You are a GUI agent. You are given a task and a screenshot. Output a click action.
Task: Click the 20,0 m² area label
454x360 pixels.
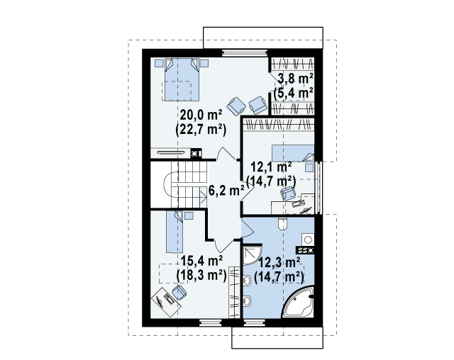pos(201,115)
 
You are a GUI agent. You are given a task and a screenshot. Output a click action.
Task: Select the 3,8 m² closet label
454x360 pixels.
pos(295,79)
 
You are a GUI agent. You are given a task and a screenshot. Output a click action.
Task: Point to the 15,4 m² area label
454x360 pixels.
pos(201,261)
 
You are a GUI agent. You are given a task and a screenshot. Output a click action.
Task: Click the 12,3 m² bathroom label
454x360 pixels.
pos(279,262)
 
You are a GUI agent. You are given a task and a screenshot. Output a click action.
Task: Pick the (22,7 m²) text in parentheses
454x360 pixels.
pos(201,130)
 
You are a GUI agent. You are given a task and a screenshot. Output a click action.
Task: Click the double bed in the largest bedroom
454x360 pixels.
pos(182,79)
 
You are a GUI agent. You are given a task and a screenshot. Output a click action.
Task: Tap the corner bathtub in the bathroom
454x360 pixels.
pos(299,302)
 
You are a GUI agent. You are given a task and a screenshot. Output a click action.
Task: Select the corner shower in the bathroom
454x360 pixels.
pos(253,255)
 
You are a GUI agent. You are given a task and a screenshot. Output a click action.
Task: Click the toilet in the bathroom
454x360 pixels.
pos(282,223)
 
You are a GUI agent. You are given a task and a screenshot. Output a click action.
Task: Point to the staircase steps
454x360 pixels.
pos(189,184)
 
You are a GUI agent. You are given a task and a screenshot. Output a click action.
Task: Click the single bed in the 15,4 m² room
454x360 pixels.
pos(175,232)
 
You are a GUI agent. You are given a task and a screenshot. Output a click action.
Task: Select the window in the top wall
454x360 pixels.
pos(244,53)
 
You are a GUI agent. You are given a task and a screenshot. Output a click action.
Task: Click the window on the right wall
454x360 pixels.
pos(319,187)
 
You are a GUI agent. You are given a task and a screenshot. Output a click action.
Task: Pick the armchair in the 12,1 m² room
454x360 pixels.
pos(288,193)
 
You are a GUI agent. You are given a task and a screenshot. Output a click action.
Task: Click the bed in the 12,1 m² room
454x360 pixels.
pos(293,153)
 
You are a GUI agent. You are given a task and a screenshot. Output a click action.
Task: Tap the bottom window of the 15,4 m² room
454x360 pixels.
pos(211,322)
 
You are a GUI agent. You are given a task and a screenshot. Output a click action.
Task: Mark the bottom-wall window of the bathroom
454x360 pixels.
pos(255,322)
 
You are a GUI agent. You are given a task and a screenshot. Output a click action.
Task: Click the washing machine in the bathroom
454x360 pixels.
pos(308,240)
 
